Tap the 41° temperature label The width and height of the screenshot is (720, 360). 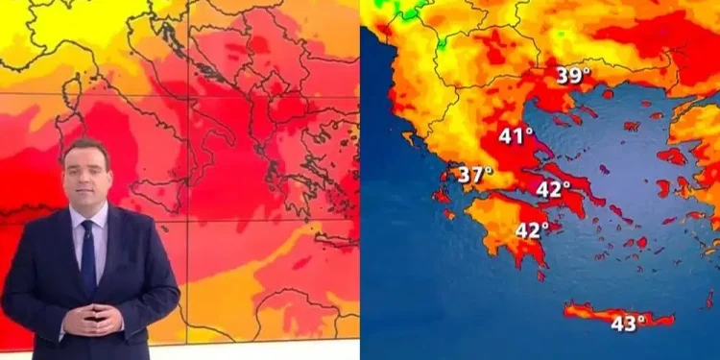tap(516, 136)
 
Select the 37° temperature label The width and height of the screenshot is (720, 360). tap(474, 175)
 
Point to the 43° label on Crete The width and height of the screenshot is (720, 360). tap(628, 324)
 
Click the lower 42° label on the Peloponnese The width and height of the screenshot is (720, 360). tap(533, 230)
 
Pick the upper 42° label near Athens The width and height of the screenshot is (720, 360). tap(553, 189)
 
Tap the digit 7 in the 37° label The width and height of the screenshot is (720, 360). tap(479, 175)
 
